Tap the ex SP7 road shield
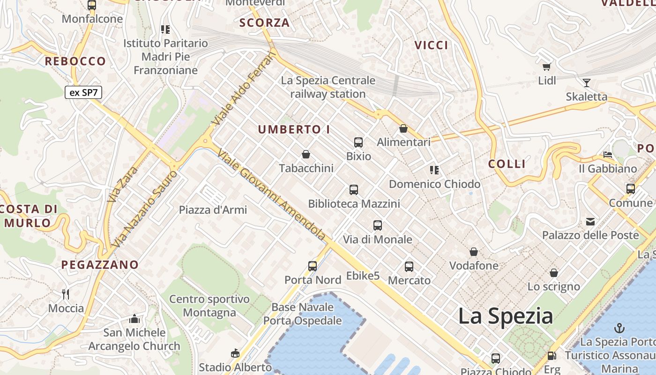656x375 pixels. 83,92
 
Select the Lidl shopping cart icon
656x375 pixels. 546,67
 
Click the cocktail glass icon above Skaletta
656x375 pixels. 586,83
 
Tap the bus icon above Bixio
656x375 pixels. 358,142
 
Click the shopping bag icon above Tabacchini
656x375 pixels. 306,154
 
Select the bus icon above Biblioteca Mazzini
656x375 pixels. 354,190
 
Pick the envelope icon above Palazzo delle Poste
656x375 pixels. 590,221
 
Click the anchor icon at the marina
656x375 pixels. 619,328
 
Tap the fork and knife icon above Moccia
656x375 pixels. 66,294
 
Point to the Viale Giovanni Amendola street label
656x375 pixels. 272,195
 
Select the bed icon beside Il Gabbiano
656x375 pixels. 608,155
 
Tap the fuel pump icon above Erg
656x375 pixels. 552,356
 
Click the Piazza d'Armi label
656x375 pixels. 213,210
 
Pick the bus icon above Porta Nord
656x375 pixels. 313,266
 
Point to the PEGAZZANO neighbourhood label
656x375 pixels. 100,265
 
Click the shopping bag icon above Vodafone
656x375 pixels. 474,252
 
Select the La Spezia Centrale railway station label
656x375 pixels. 328,87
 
